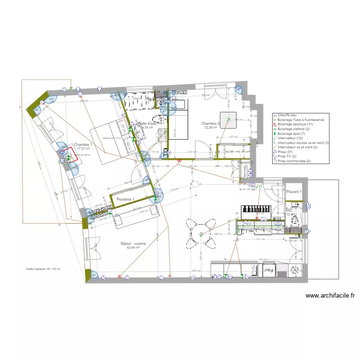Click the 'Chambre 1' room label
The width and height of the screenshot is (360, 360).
[83, 144]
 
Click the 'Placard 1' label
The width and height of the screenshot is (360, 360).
[294, 192]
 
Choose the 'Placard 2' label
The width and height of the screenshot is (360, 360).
[245, 162]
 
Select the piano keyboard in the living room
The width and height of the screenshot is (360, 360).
[256, 209]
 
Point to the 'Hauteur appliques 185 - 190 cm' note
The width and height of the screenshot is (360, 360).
[43, 269]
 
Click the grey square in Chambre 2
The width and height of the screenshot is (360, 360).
[228, 120]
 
